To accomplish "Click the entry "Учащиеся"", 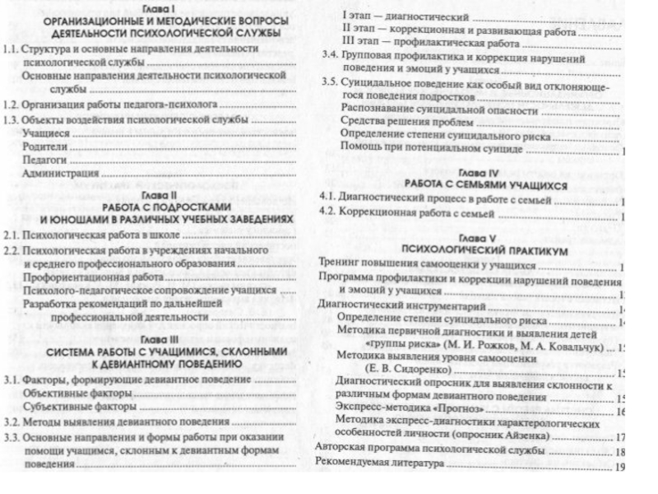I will (x=46, y=133).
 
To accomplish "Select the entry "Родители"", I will (x=46, y=146).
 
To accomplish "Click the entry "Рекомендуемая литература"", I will (x=379, y=464).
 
